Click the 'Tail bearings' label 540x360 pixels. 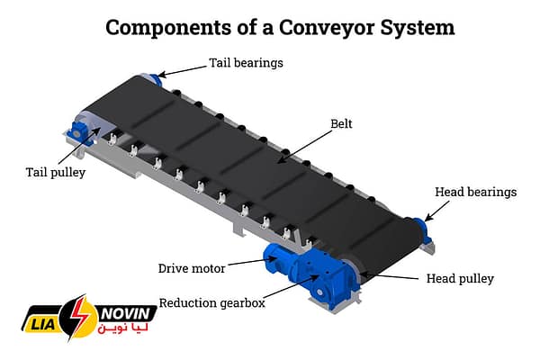pos(246,63)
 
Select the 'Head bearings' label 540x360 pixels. pos(476,192)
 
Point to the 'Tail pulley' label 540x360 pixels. pos(55,172)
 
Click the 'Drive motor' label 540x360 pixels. pos(192,268)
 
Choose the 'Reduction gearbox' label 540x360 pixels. pos(211,302)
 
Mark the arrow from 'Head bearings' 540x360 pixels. pos(438,208)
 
